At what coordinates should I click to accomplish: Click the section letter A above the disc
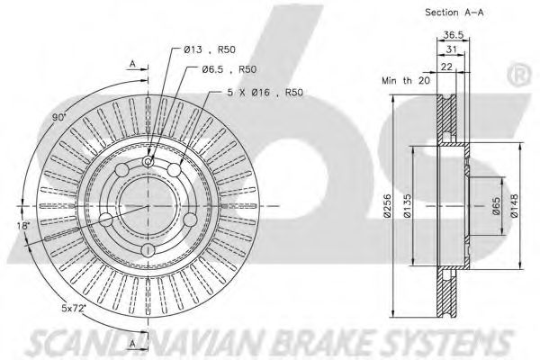pyautogui.click(x=132, y=65)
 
